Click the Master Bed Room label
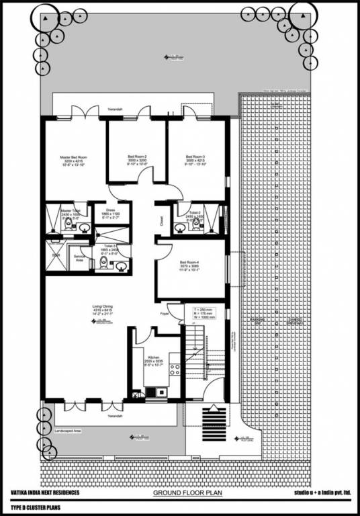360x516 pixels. click(70, 161)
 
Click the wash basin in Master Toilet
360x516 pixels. click(85, 228)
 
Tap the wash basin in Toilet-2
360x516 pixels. click(179, 227)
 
